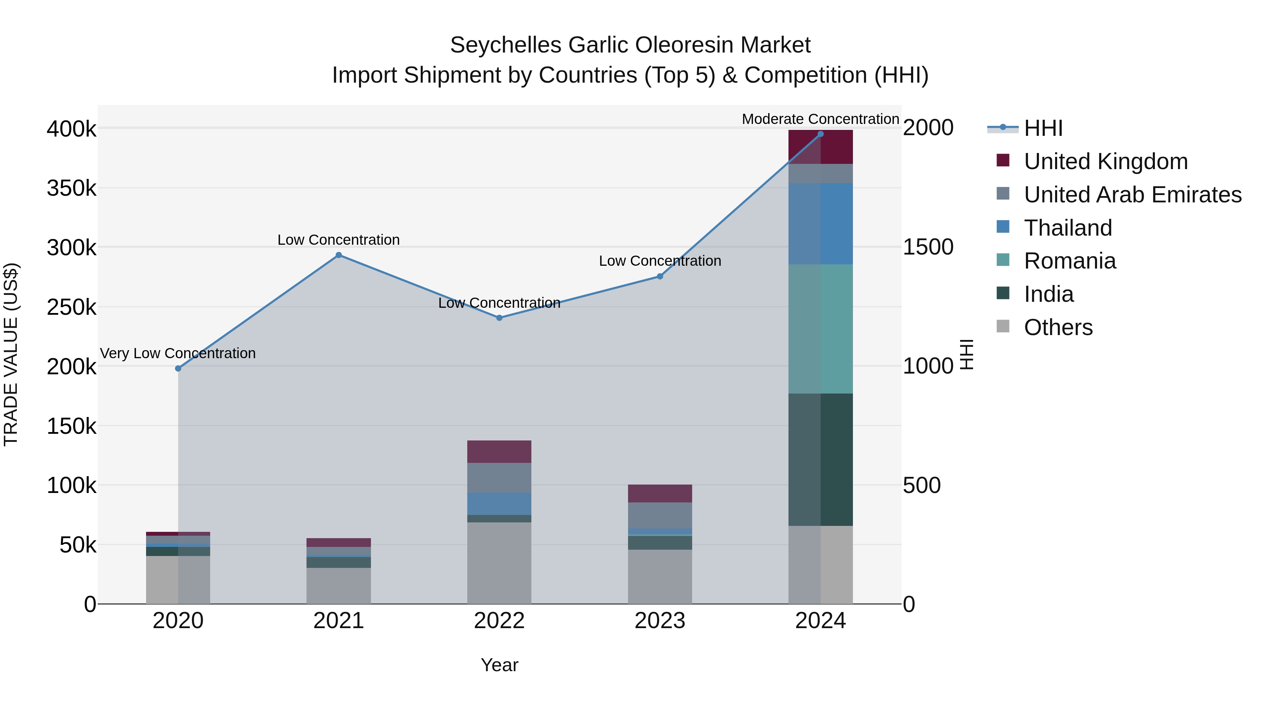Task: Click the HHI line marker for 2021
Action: (338, 255)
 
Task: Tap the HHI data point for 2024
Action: (820, 134)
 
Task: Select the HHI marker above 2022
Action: (499, 318)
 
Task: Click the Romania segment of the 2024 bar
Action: (820, 328)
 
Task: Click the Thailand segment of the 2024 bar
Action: (820, 224)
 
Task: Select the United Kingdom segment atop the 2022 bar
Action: (499, 451)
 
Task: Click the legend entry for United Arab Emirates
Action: (1132, 195)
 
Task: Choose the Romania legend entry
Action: (1070, 261)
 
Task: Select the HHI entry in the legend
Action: (1043, 128)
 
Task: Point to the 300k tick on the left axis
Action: (71, 248)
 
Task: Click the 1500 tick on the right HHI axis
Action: (928, 247)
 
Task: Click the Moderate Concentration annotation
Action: (820, 119)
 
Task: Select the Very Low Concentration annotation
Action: (178, 353)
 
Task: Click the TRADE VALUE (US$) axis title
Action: (11, 354)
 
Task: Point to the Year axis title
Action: (499, 665)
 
